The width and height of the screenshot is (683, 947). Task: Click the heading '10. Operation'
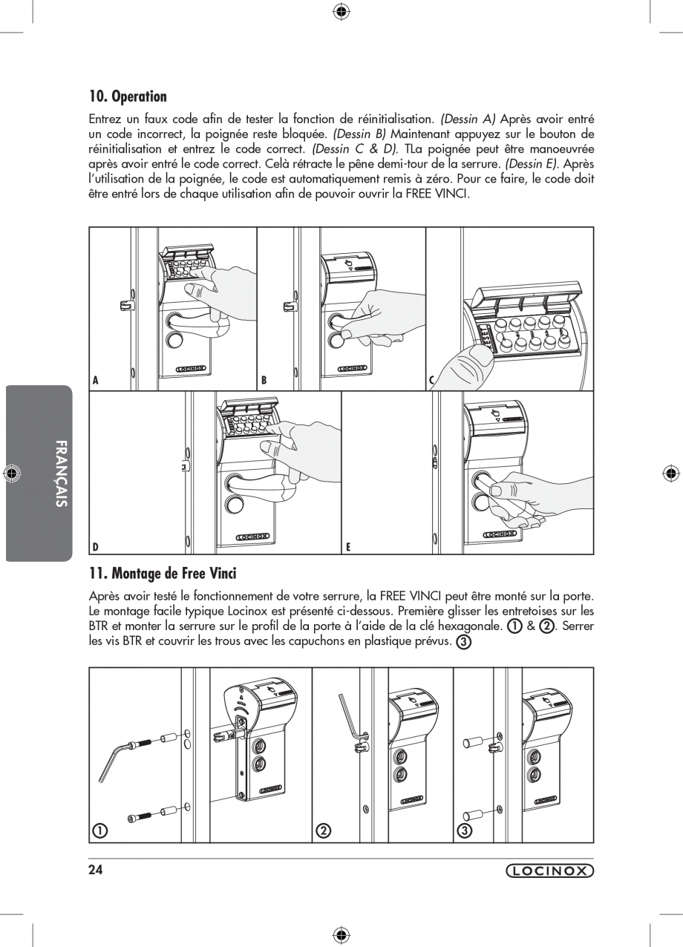coord(128,96)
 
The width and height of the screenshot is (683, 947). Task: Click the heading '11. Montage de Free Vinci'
coord(163,573)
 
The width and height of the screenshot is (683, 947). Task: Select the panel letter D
coord(95,547)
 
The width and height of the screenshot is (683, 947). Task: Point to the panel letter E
coord(347,547)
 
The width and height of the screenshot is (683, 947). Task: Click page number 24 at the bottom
coord(95,870)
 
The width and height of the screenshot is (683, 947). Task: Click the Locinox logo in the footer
coord(549,871)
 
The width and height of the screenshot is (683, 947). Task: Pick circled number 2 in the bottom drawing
coord(323,830)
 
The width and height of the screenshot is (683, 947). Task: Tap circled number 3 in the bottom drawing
coord(464,830)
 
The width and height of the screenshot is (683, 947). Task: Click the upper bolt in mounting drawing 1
coord(148,741)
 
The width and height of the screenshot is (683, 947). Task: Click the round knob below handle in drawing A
coord(175,341)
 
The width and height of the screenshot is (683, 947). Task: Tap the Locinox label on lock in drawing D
coord(253,537)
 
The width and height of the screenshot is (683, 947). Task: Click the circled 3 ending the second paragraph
coord(463,641)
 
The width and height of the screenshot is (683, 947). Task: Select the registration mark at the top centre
coord(341,10)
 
